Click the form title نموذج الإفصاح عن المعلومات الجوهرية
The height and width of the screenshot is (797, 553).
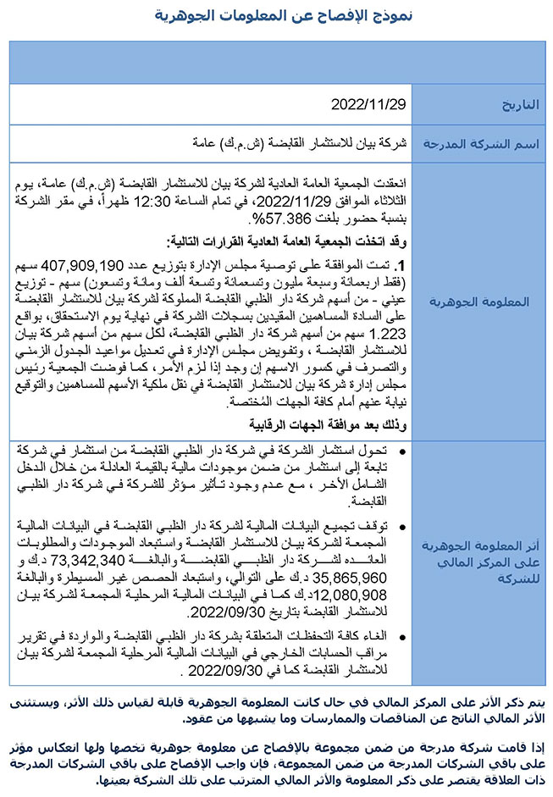click(275, 15)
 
